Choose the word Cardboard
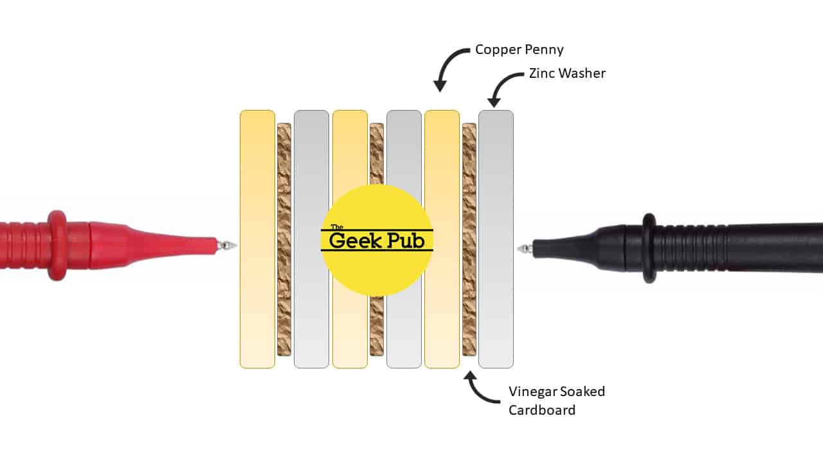pyautogui.click(x=542, y=410)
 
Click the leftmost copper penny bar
pyautogui.click(x=257, y=239)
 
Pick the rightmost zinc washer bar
pyautogui.click(x=496, y=239)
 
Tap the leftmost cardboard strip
pyautogui.click(x=284, y=239)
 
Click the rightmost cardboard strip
pyautogui.click(x=469, y=239)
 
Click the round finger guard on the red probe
pyautogui.click(x=57, y=246)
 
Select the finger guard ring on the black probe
pyautogui.click(x=649, y=248)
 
